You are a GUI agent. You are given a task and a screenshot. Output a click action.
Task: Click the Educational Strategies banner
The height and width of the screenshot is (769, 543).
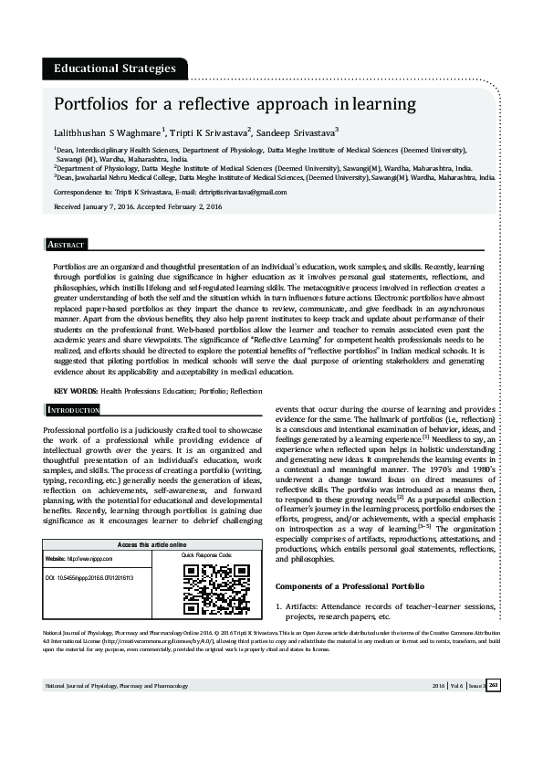115,68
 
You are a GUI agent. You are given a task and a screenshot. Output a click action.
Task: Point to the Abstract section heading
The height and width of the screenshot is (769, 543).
66,246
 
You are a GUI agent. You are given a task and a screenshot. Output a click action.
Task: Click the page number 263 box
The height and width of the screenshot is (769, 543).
494,685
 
